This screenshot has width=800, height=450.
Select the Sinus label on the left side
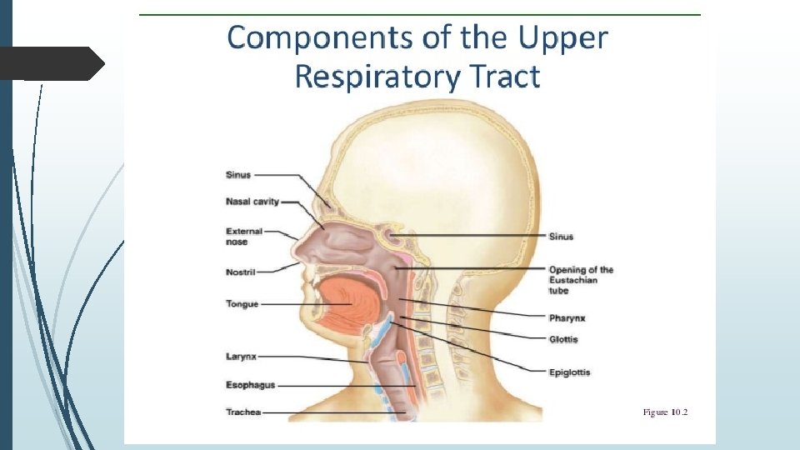click(x=237, y=175)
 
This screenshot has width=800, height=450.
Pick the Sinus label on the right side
click(x=561, y=237)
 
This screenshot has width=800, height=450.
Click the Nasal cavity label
click(x=252, y=201)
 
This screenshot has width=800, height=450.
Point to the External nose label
click(x=244, y=237)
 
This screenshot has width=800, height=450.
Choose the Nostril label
click(x=240, y=272)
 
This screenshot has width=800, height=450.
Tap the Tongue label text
click(x=242, y=304)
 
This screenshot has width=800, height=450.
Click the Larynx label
click(x=241, y=357)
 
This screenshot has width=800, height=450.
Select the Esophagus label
click(x=250, y=385)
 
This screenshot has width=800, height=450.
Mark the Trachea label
click(x=243, y=412)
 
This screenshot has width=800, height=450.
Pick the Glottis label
click(x=563, y=339)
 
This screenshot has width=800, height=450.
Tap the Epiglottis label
click(x=570, y=372)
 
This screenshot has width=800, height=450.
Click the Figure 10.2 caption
click(x=665, y=412)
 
